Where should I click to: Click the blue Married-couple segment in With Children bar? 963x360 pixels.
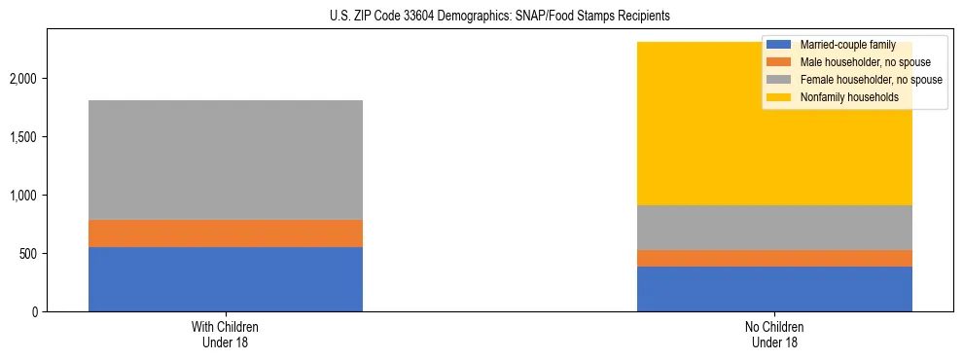click(225, 279)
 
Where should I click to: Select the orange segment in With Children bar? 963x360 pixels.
click(225, 234)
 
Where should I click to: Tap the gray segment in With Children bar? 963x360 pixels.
click(225, 160)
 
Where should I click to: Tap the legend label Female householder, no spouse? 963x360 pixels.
click(870, 80)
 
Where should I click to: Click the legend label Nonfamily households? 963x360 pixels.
click(847, 97)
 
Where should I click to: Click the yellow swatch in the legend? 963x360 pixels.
click(779, 97)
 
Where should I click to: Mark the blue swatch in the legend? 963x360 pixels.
click(779, 45)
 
